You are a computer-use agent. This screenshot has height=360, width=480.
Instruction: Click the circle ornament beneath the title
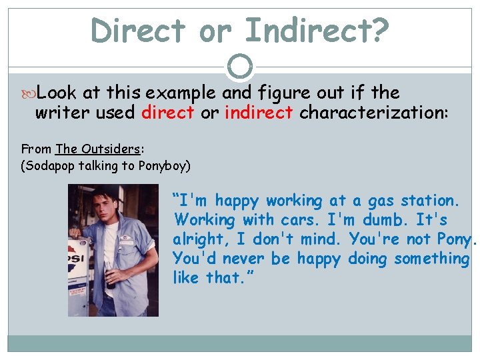[240, 66]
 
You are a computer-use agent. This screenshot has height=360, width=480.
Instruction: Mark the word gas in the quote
[374, 201]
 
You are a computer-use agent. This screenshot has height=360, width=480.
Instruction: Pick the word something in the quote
[431, 259]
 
